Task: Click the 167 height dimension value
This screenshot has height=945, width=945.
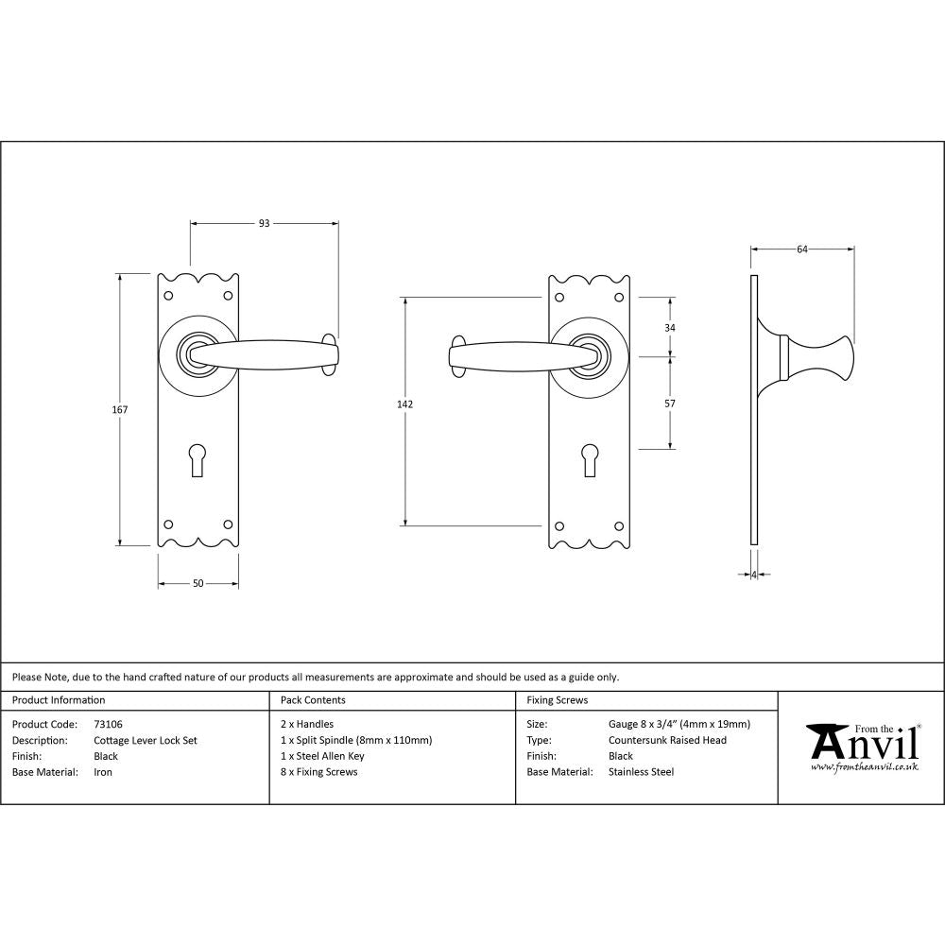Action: point(120,410)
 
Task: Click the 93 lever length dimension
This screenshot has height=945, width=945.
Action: point(265,224)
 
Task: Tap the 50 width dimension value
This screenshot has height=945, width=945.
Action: point(198,584)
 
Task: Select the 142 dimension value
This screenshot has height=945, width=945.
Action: point(404,404)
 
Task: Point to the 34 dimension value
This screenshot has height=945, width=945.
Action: point(671,327)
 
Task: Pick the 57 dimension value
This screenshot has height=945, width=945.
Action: point(671,404)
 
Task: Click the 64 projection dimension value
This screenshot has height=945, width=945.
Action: point(802,249)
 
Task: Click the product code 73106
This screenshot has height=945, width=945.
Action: point(109,725)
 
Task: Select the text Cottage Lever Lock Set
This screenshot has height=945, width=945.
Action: point(146,741)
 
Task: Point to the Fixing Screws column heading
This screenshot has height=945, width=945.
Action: point(558,700)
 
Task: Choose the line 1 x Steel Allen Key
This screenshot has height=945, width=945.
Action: point(322,756)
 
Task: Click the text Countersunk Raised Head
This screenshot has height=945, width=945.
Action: point(668,741)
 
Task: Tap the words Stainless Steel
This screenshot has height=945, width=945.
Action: point(642,772)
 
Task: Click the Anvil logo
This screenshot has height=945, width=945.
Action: point(863,743)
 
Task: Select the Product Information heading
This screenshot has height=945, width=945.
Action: point(59,700)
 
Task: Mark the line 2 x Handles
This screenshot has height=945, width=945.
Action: point(307,725)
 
